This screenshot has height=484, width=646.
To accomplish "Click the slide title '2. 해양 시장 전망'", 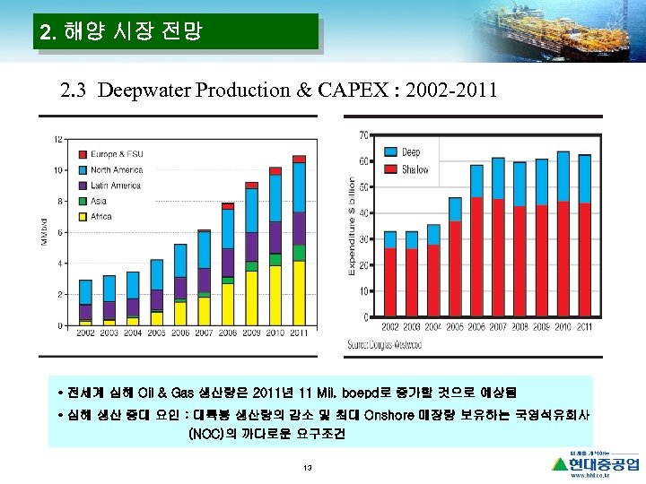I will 122,33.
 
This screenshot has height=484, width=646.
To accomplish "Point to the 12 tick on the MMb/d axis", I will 58,139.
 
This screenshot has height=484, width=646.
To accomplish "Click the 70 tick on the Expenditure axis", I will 363,135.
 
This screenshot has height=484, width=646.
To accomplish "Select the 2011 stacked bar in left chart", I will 299,240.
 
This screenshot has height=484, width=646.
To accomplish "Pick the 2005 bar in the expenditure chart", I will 455,257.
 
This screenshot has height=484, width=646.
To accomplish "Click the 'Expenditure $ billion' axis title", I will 351,226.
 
